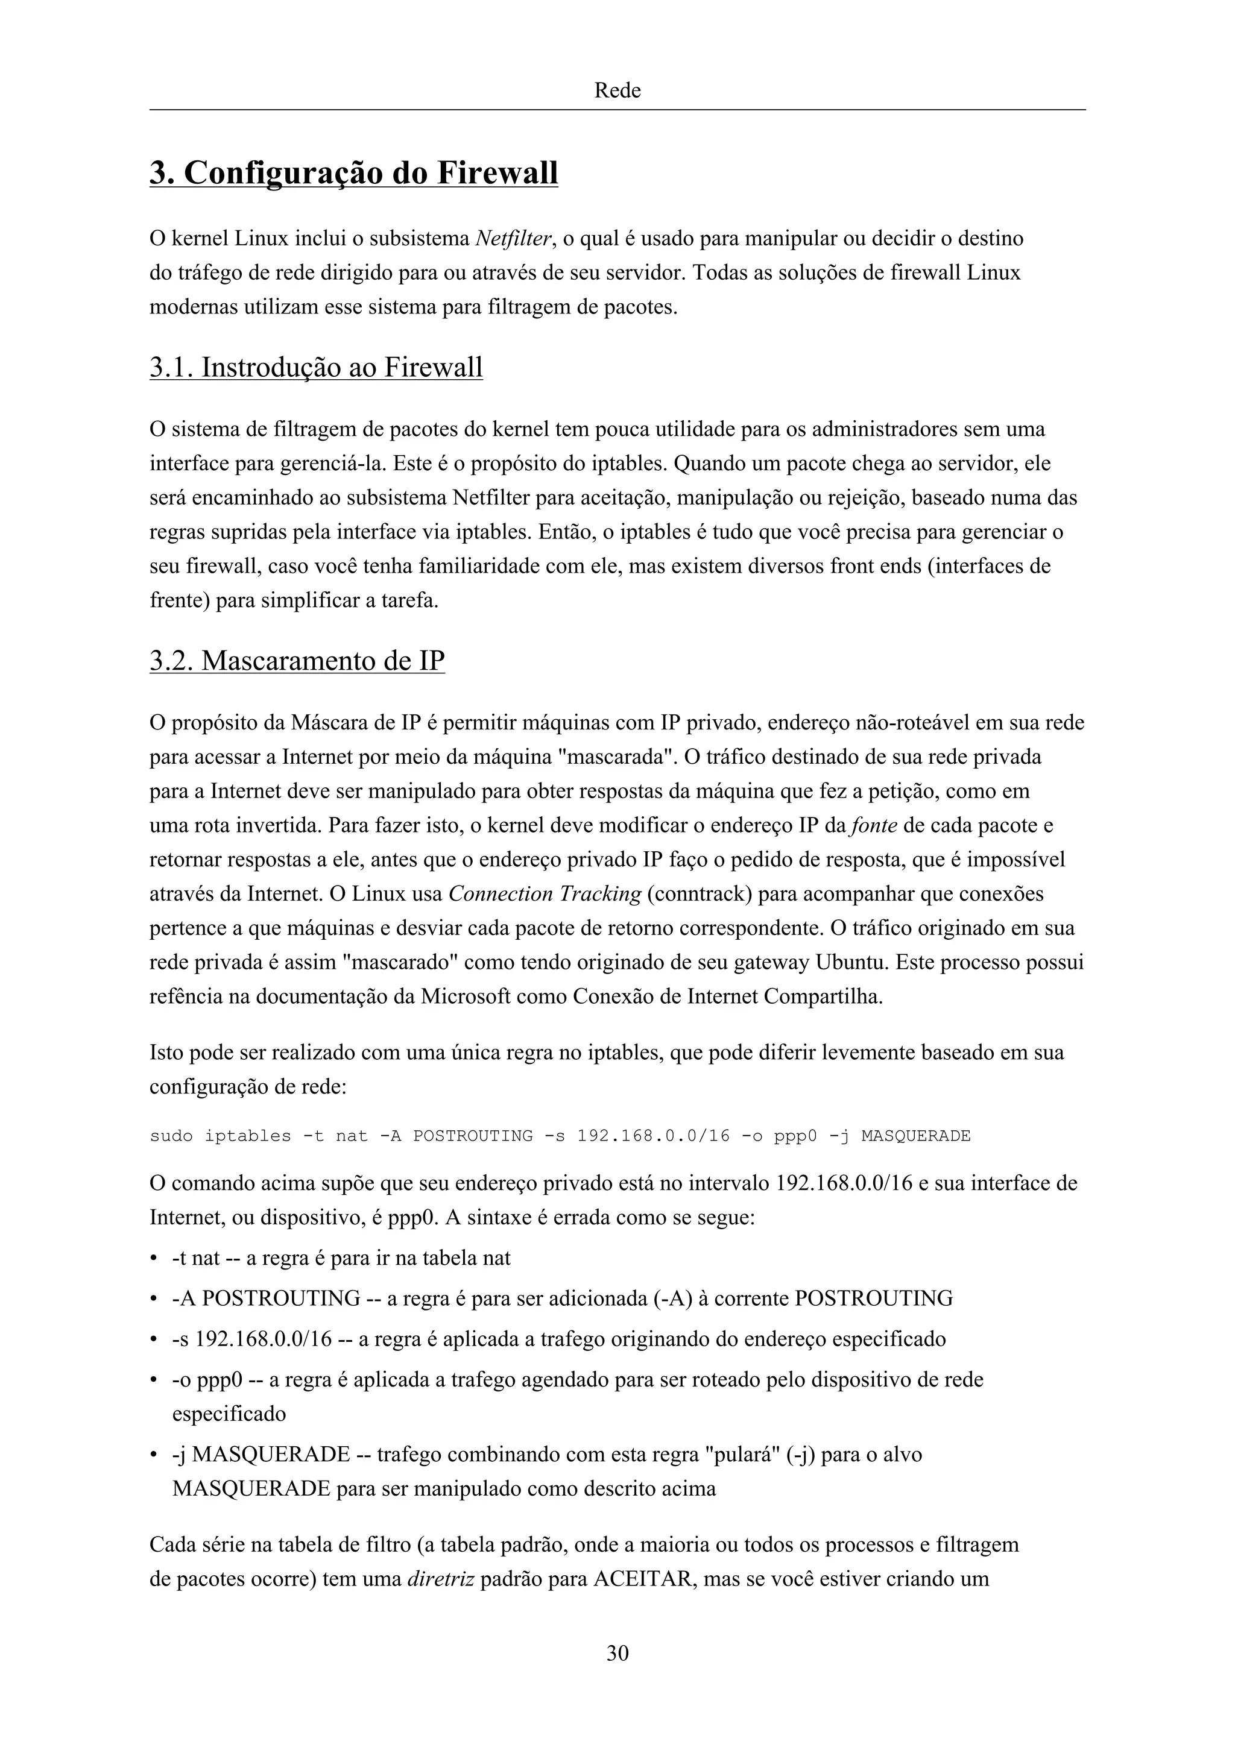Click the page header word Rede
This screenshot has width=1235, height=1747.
pos(617,90)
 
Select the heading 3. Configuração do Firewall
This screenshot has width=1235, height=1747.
pos(354,173)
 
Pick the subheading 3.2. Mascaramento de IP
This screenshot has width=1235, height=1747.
pos(297,659)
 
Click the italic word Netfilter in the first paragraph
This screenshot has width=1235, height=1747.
pos(513,239)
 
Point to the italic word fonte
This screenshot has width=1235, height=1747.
pos(874,825)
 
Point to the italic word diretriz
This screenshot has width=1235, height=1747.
pos(441,1578)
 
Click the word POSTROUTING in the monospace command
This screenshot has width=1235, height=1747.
pos(473,1136)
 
